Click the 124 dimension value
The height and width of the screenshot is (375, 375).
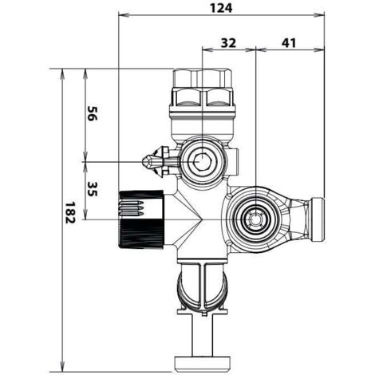(x=221, y=8)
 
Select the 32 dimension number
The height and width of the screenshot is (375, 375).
(x=228, y=43)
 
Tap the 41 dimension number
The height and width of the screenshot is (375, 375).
(x=289, y=43)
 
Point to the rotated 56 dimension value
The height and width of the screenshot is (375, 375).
(x=91, y=113)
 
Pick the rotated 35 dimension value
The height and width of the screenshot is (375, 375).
(x=91, y=189)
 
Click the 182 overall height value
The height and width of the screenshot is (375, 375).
(x=70, y=212)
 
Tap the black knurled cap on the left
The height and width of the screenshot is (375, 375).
(x=141, y=219)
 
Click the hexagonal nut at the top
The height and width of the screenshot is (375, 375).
(x=202, y=77)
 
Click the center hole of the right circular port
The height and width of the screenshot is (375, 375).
(x=255, y=219)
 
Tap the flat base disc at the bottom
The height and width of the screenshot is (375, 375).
(x=202, y=364)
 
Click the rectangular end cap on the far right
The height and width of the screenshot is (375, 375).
(x=317, y=219)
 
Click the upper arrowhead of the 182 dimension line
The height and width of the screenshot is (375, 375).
(x=63, y=74)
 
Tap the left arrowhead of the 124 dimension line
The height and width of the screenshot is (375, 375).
(x=124, y=15)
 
